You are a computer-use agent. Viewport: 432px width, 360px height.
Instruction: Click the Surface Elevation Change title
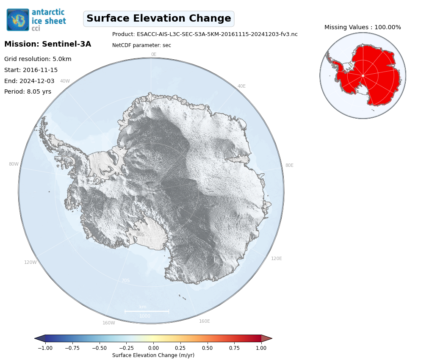(x=159, y=19)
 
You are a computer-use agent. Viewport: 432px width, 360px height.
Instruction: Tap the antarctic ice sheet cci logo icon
(x=18, y=20)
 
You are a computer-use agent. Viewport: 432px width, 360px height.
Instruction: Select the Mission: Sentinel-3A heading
(x=48, y=44)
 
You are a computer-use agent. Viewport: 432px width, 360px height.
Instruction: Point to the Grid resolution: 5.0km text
(x=38, y=59)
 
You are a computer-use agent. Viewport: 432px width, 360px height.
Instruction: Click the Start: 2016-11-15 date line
(x=31, y=70)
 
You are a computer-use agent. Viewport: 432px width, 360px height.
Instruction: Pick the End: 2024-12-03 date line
(x=29, y=81)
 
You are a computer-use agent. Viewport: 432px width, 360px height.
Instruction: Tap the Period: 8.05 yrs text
(x=28, y=92)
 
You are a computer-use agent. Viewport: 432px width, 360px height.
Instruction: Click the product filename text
(x=205, y=34)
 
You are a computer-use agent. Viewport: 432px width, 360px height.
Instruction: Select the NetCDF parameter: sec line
(x=141, y=45)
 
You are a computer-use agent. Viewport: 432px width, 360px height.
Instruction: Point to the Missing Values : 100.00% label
(x=363, y=27)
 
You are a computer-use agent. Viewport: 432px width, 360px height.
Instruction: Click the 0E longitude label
(x=154, y=54)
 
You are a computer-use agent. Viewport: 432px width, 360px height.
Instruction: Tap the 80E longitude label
(x=289, y=165)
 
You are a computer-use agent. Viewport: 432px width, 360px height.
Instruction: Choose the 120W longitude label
(x=30, y=262)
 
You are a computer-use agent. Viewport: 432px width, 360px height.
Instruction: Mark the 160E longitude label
(x=205, y=321)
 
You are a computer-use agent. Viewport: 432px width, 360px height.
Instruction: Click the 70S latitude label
(x=126, y=280)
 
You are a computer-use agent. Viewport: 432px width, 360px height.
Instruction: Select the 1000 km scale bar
(x=147, y=312)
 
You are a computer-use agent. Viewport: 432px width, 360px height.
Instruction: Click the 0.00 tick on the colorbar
(x=153, y=348)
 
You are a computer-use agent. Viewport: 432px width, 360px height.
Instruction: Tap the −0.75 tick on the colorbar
(x=72, y=348)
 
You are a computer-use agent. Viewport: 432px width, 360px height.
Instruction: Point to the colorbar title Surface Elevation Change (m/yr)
(x=153, y=355)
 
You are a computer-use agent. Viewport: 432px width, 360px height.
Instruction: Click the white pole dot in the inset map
(x=363, y=75)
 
